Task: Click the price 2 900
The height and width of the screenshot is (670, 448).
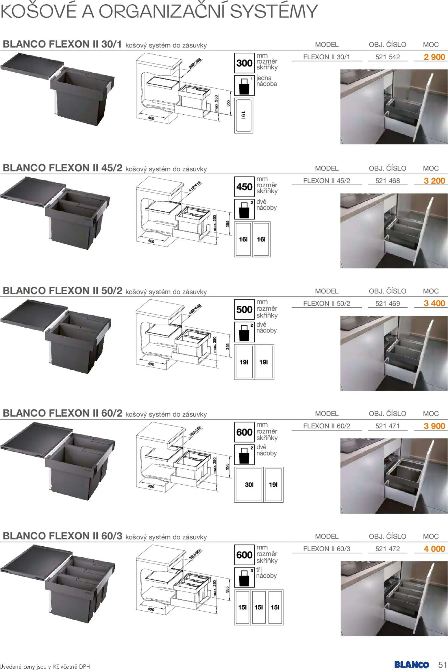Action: (434, 57)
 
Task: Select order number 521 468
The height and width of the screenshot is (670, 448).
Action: (387, 181)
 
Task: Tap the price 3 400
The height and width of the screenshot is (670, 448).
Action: (434, 303)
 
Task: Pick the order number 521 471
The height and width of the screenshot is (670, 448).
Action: (387, 426)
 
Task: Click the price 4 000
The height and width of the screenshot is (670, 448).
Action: (434, 549)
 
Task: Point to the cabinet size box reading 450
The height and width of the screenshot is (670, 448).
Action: (244, 187)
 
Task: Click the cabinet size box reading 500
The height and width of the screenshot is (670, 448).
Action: (244, 310)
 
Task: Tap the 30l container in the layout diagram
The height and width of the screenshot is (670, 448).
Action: (249, 484)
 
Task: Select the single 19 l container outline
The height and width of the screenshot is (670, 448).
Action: (243, 116)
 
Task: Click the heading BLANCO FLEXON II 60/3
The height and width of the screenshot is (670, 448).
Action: (62, 536)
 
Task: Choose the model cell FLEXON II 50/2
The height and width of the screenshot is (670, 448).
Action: (326, 303)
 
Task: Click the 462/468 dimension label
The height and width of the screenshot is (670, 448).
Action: (195, 310)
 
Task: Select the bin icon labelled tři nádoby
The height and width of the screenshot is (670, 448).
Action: (244, 577)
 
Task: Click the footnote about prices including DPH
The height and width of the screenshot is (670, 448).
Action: (45, 667)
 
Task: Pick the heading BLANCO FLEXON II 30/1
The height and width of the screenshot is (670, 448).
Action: (62, 44)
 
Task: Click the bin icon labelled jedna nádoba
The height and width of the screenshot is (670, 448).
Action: (244, 85)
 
